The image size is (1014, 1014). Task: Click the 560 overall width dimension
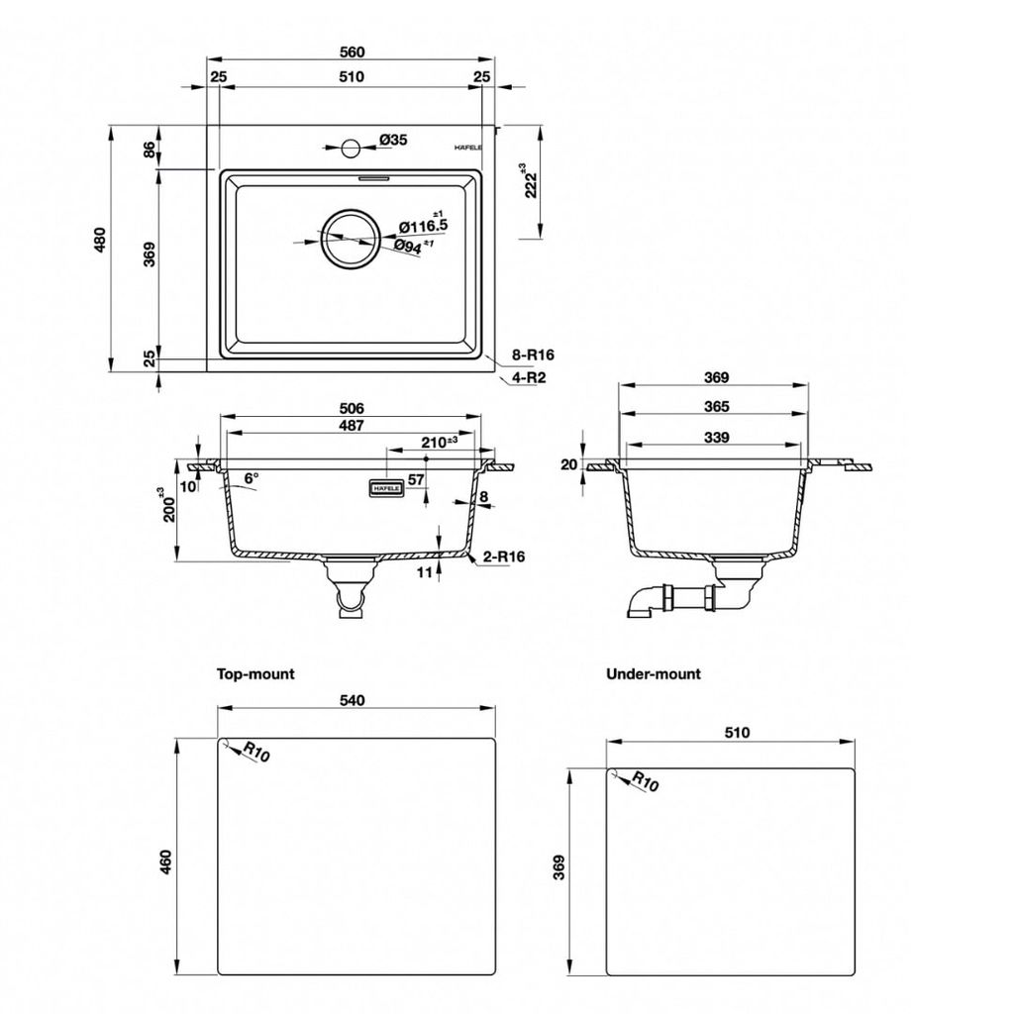(352, 51)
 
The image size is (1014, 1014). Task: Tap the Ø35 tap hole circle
(351, 149)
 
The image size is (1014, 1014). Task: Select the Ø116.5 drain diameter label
(423, 226)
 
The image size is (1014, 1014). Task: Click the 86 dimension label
(150, 151)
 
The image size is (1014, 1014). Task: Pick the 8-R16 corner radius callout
(533, 355)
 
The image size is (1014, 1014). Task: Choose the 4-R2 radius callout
(529, 377)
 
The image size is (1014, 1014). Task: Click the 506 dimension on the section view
(352, 409)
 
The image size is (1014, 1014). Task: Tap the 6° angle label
(251, 478)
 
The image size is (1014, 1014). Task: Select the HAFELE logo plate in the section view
(386, 489)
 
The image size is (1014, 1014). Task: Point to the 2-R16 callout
(503, 557)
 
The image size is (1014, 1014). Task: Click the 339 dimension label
(717, 438)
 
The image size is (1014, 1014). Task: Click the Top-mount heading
(255, 673)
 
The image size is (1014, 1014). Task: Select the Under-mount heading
(654, 673)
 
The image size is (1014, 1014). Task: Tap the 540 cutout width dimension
(353, 700)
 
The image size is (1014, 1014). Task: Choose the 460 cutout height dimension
(166, 862)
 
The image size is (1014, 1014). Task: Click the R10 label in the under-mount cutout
(646, 781)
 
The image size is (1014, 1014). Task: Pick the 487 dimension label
(352, 426)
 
